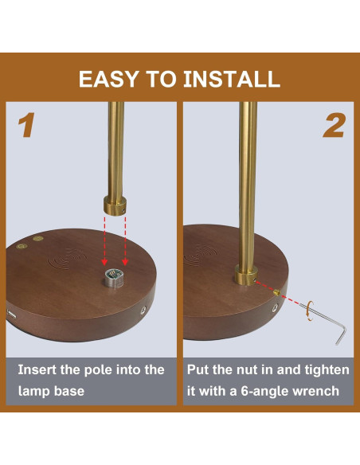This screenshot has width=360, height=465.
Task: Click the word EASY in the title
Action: click(108, 79)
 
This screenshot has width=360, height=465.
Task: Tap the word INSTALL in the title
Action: click(232, 79)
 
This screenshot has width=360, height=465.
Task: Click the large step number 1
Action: click(26, 125)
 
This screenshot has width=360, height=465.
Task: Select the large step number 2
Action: click(334, 126)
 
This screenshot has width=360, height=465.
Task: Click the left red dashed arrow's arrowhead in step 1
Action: click(104, 262)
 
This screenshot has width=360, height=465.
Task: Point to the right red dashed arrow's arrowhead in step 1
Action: click(125, 262)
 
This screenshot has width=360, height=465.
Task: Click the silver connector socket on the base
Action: click(115, 278)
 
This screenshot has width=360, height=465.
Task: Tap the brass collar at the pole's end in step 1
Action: click(115, 205)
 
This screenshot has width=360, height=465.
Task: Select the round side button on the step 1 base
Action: click(143, 311)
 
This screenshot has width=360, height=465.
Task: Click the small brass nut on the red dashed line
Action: click(276, 293)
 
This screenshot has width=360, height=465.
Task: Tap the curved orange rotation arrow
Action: click(310, 311)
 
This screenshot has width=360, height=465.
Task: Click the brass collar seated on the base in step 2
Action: click(246, 275)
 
